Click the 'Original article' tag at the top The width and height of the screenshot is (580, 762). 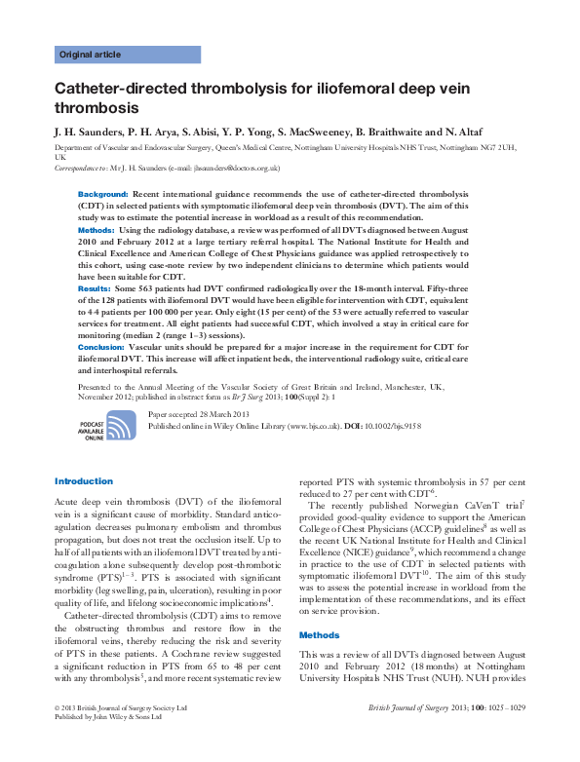[91, 55]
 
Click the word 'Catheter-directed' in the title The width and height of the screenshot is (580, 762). [116, 89]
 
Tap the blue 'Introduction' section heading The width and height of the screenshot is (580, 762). [84, 481]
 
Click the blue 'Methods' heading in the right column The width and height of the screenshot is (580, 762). [319, 634]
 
